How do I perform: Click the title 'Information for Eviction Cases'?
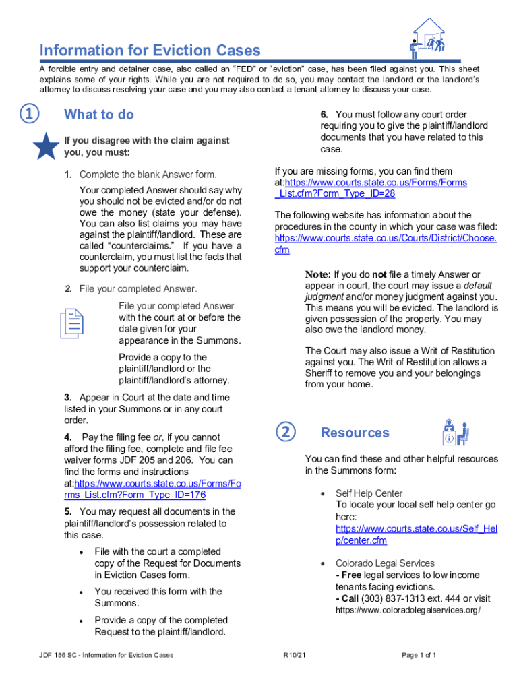pyautogui.click(x=150, y=51)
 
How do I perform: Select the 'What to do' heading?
pyautogui.click(x=98, y=115)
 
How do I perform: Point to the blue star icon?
pyautogui.click(x=45, y=146)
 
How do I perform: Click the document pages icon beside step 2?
pyautogui.click(x=72, y=323)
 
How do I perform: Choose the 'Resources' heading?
pyautogui.click(x=355, y=433)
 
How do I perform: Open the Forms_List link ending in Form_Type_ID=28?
pyautogui.click(x=371, y=188)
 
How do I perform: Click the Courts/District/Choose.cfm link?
pyautogui.click(x=386, y=244)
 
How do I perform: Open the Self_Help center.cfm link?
pyautogui.click(x=416, y=534)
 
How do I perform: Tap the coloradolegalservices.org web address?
pyautogui.click(x=408, y=610)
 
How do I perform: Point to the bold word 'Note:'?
pyautogui.click(x=317, y=274)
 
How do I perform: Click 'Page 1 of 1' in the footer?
pyautogui.click(x=419, y=654)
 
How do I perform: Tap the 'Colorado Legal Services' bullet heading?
pyautogui.click(x=385, y=563)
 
